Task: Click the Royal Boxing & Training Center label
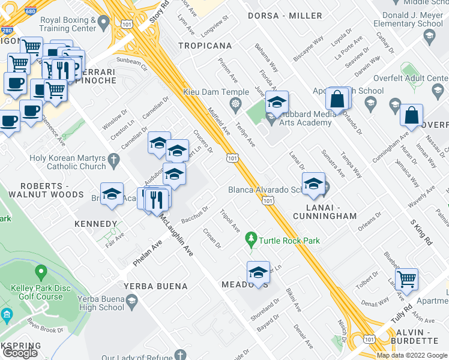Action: (67, 24)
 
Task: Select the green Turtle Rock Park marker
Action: (252, 240)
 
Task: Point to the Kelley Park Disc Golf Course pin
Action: (41, 274)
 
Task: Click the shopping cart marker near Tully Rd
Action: (407, 278)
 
